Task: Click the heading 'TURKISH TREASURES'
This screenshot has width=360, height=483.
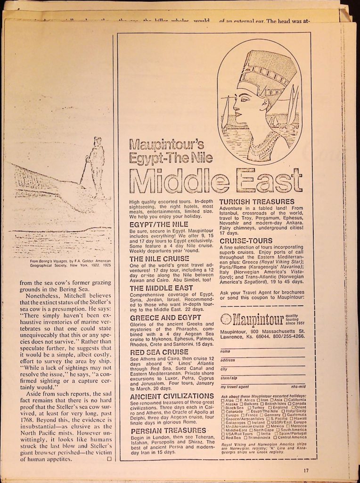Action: [257, 201]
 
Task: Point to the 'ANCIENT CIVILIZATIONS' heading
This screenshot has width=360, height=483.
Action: [172, 395]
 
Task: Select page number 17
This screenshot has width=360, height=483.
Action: [306, 470]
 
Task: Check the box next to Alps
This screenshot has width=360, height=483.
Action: [222, 400]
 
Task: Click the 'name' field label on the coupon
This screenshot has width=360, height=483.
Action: [225, 351]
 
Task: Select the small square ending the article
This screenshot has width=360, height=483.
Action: [109, 459]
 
